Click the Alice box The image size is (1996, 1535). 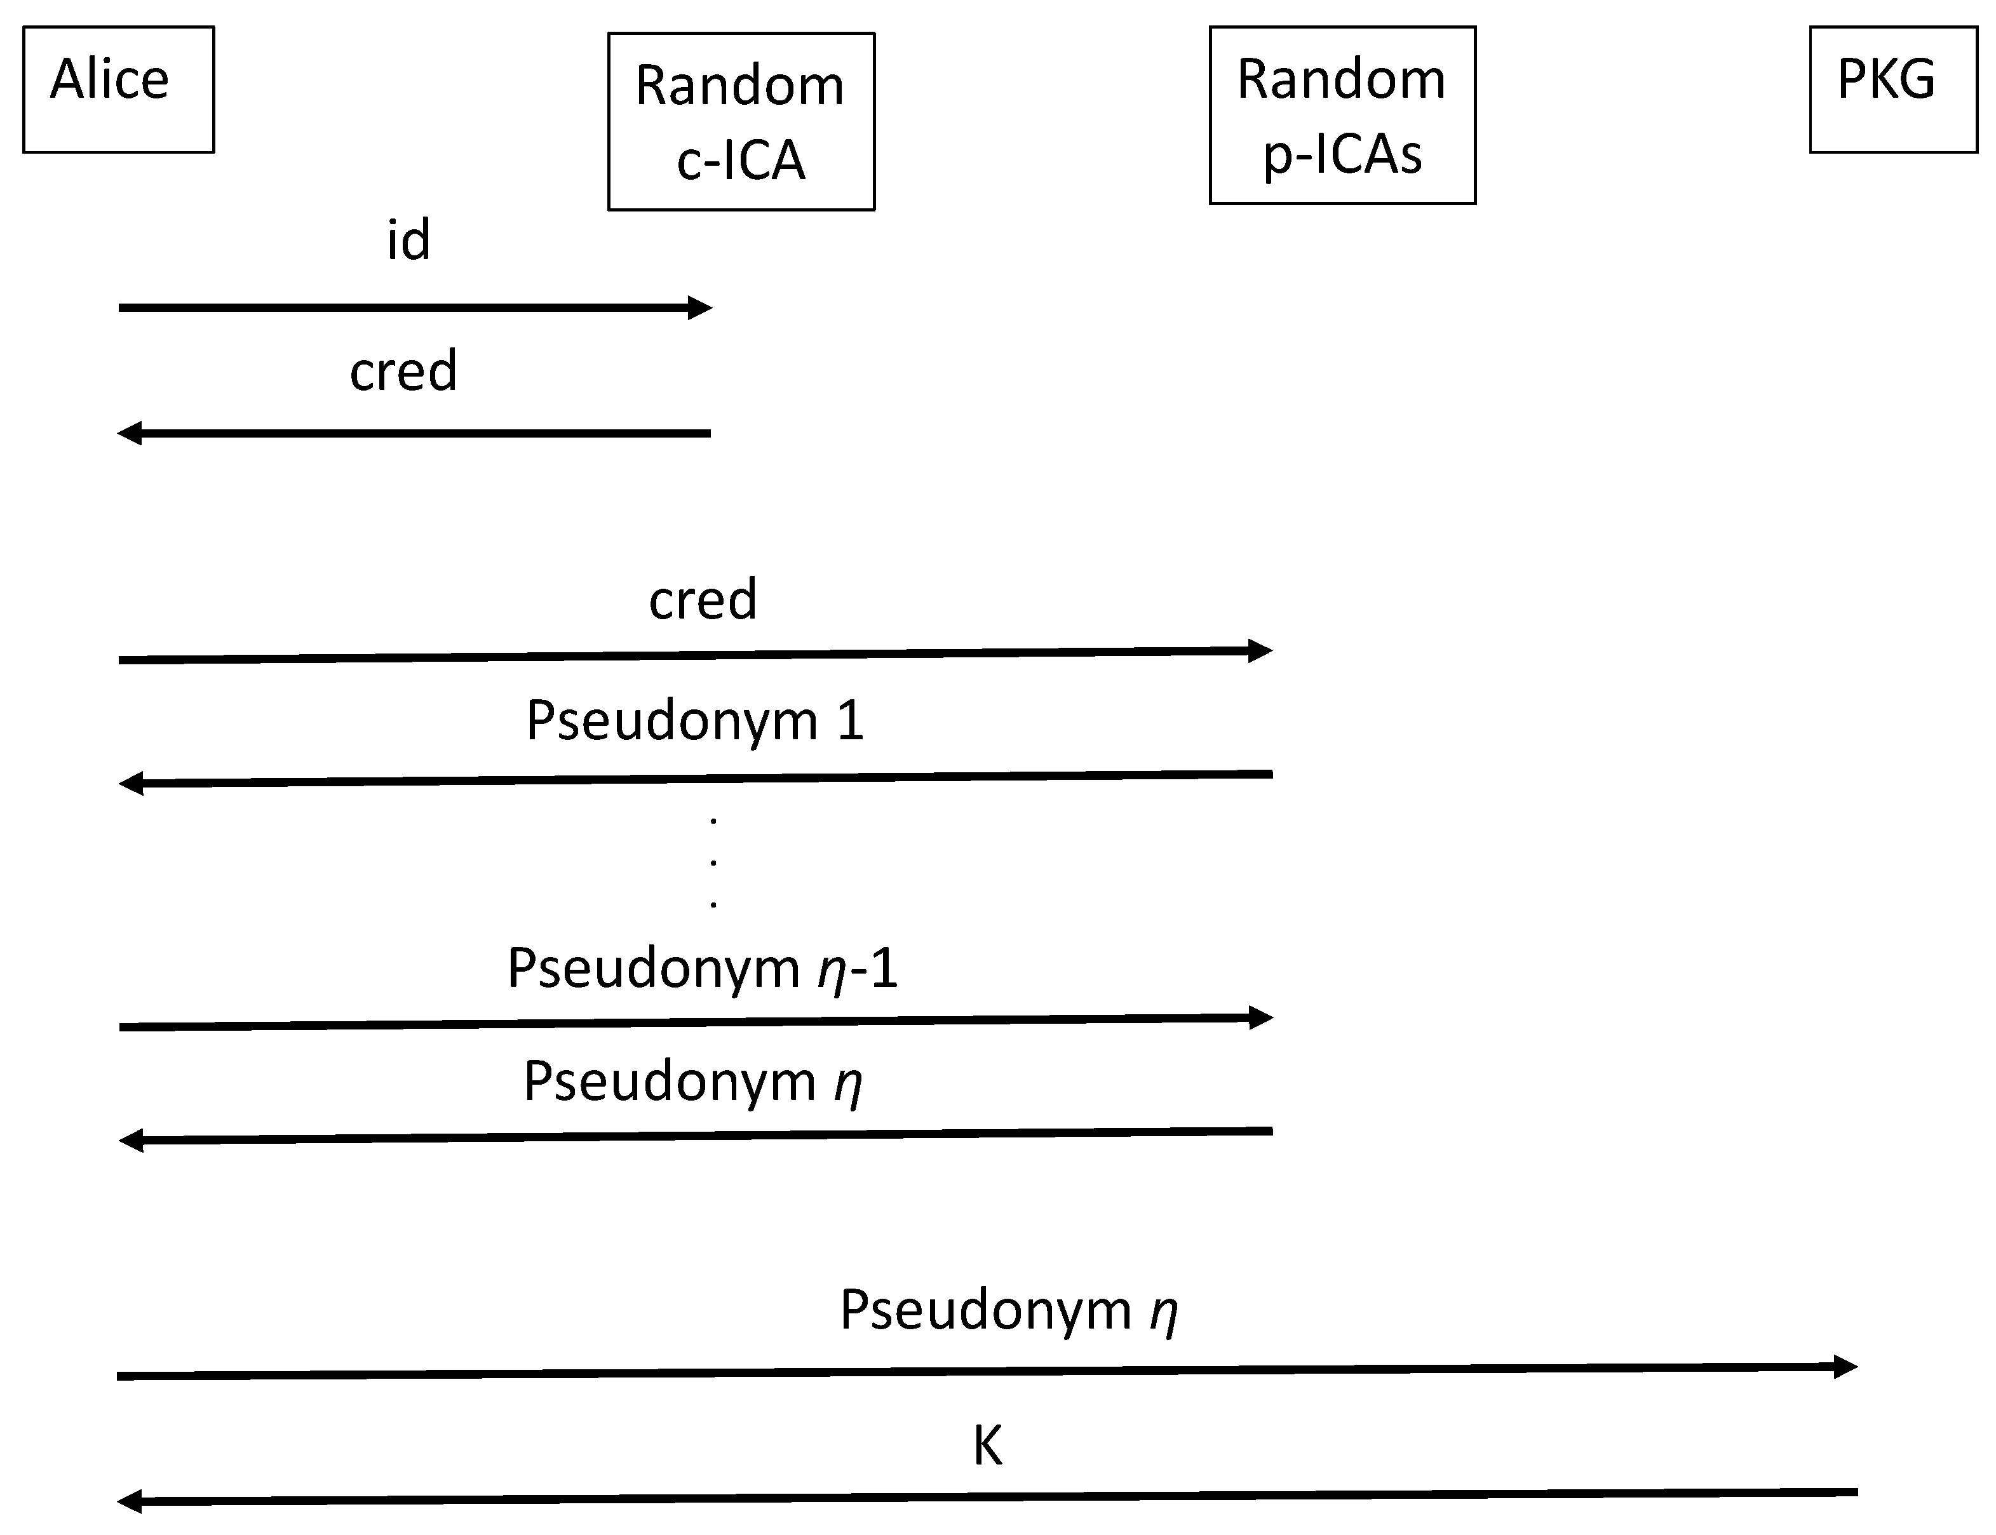(x=118, y=89)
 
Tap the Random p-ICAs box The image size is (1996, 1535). (x=1342, y=114)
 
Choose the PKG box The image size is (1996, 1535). (x=1892, y=89)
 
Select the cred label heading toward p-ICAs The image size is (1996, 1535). (x=702, y=600)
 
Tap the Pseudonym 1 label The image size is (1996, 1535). (x=694, y=720)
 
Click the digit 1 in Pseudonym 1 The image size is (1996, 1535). (x=849, y=720)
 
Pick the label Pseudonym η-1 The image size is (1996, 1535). (x=702, y=969)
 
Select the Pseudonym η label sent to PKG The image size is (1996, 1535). (x=1008, y=1310)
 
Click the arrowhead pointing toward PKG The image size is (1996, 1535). (x=1846, y=1367)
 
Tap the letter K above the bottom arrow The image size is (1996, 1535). (x=987, y=1445)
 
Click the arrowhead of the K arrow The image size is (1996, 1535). (x=129, y=1501)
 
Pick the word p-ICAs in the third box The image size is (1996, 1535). (x=1342, y=154)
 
